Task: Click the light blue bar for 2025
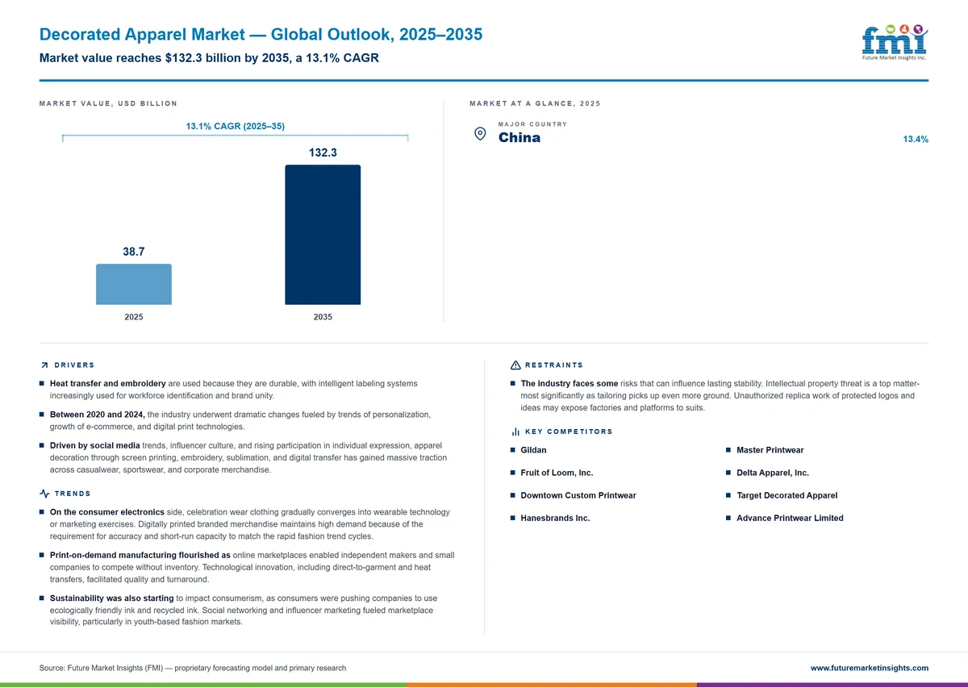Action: [134, 284]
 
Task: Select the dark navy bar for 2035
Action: [323, 235]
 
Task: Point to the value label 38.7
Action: [134, 252]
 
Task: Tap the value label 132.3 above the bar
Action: [323, 152]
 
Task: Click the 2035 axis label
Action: [323, 317]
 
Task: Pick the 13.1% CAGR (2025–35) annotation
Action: [235, 126]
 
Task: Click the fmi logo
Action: [895, 43]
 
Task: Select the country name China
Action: [519, 137]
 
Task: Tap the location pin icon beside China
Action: [480, 134]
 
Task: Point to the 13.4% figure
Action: [916, 140]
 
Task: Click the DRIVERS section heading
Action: [74, 365]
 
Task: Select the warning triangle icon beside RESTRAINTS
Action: [515, 365]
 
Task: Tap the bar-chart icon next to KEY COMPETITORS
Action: [515, 432]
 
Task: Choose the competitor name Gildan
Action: [533, 450]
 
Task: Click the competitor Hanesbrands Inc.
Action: [555, 518]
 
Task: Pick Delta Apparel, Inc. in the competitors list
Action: [772, 473]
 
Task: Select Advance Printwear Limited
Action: [790, 518]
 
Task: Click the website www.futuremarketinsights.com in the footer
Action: [869, 668]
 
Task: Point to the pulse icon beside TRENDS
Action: [44, 494]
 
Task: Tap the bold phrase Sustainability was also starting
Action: [111, 598]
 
